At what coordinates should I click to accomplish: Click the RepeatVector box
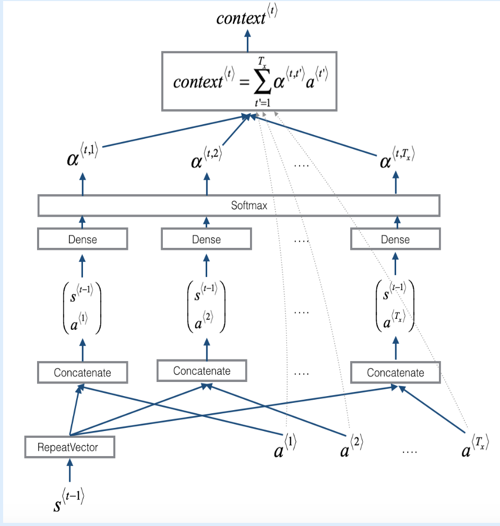69,447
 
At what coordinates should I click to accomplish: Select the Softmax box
239,206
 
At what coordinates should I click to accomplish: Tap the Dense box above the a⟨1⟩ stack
82,240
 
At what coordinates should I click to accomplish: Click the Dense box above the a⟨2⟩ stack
206,240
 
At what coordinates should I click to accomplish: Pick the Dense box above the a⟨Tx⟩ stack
395,240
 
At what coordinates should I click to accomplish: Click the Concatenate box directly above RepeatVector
82,373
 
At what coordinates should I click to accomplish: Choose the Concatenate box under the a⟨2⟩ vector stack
201,371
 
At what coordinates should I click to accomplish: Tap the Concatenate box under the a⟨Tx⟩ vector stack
395,373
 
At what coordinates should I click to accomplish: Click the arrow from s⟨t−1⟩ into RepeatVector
69,470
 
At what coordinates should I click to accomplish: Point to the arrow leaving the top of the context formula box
247,40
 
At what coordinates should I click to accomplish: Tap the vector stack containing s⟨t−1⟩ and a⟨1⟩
82,307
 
